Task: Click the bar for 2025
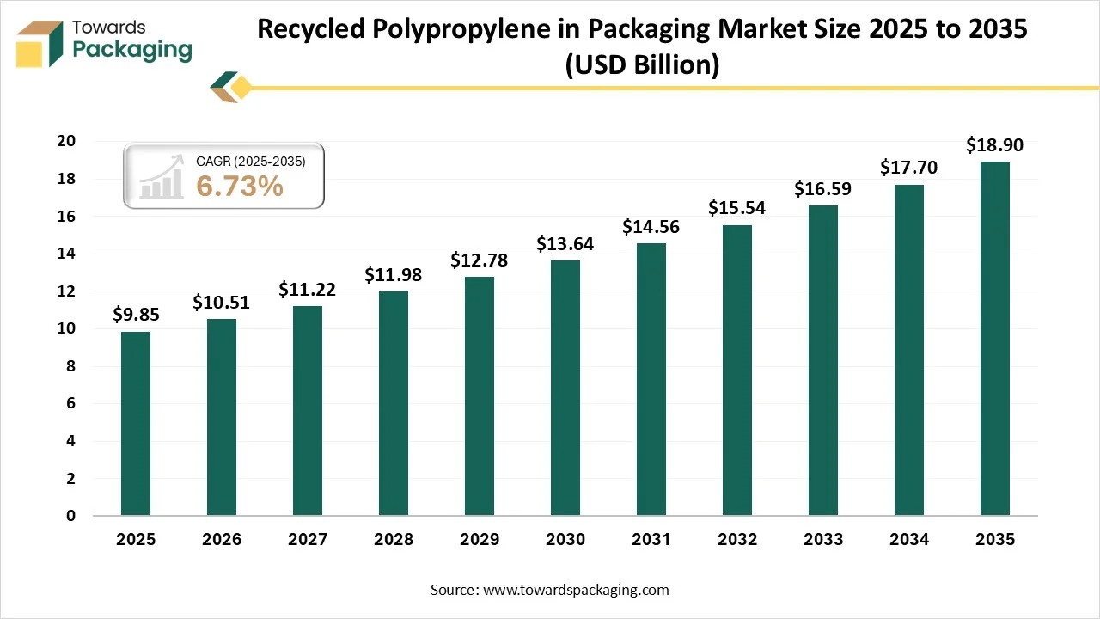(x=136, y=423)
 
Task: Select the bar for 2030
(x=565, y=388)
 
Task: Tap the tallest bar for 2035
(x=995, y=339)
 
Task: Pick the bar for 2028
(x=394, y=403)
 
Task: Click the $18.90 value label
(x=994, y=145)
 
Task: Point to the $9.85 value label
(x=136, y=316)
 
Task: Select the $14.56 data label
(x=651, y=227)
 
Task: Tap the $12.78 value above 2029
(x=479, y=260)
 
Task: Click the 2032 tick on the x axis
(x=737, y=540)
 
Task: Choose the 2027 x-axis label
(x=308, y=540)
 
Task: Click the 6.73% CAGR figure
(x=240, y=186)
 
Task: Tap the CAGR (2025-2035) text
(x=250, y=161)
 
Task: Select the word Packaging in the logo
(x=132, y=50)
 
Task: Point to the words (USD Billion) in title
(x=641, y=64)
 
